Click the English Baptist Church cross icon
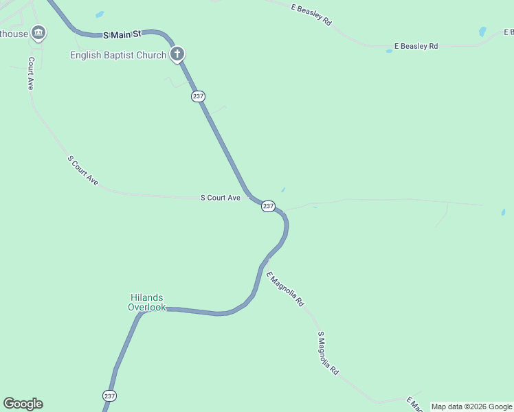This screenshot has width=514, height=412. [x=177, y=54]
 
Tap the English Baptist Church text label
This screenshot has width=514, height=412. [x=118, y=55]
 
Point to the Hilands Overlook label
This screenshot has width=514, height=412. [x=147, y=302]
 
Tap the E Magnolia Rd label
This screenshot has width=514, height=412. [x=286, y=288]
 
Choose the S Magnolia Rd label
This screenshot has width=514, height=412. [x=328, y=353]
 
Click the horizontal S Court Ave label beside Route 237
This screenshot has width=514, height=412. [x=220, y=198]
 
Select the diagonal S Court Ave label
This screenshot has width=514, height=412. [x=83, y=170]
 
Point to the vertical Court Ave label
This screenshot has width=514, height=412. [x=30, y=73]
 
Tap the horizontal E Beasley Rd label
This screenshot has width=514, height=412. [x=416, y=47]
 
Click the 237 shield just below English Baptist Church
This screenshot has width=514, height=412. [x=198, y=97]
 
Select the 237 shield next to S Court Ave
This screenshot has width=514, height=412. [x=268, y=206]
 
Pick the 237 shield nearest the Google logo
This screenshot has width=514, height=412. [x=110, y=396]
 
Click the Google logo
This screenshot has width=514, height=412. [x=23, y=404]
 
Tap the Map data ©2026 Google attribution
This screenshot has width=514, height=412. [x=471, y=407]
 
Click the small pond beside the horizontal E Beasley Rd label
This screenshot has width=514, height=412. [x=389, y=51]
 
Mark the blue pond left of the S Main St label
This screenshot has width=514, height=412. [x=100, y=14]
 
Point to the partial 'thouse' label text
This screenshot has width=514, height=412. [x=14, y=34]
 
